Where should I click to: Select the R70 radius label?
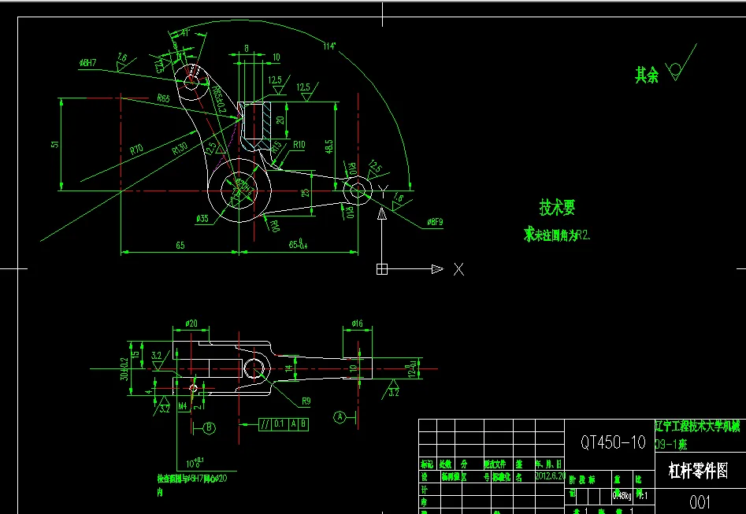coord(137,148)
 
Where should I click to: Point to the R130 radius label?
coord(180,147)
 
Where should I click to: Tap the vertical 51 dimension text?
coord(54,144)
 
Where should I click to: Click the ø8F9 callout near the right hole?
coord(436,221)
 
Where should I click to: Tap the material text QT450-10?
coord(613,442)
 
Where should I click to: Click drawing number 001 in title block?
coord(700,502)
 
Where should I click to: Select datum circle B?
coord(210,428)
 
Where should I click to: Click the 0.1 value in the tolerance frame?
coord(279,424)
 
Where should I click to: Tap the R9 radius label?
coord(306,400)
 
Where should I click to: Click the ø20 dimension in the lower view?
coord(191,324)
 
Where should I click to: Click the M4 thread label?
coord(183,406)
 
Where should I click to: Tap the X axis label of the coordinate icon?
coord(458,270)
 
